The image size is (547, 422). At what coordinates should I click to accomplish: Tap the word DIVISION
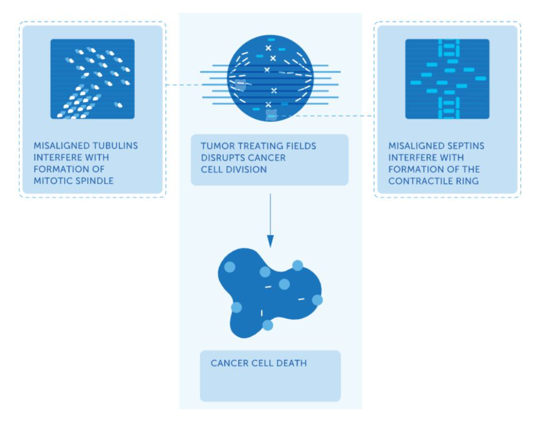tap(248, 169)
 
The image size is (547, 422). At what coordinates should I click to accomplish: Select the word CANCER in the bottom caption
tap(226, 363)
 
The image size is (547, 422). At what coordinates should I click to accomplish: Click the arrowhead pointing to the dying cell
tap(270, 241)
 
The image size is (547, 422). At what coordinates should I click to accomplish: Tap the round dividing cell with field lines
tap(270, 78)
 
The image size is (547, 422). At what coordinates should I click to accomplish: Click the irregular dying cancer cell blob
tap(268, 293)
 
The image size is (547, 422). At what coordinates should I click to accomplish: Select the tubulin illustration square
tap(93, 79)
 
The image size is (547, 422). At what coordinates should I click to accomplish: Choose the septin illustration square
tap(447, 79)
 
